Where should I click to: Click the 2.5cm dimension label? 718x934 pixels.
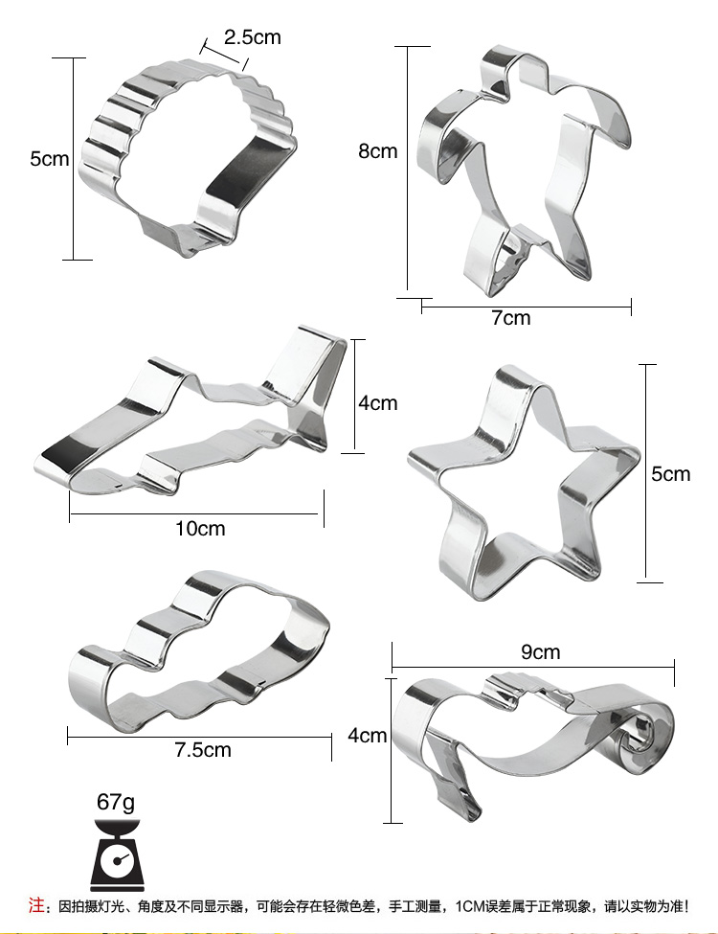click(x=252, y=37)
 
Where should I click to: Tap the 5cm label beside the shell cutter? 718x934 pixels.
click(x=50, y=159)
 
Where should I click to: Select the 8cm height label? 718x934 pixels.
click(x=377, y=151)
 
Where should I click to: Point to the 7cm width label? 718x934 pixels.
click(x=511, y=318)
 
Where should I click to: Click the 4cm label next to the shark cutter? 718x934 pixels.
click(x=377, y=403)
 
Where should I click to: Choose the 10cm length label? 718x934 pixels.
click(x=200, y=529)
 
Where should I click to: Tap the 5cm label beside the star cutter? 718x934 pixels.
click(x=670, y=474)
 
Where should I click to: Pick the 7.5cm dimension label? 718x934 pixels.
click(x=202, y=749)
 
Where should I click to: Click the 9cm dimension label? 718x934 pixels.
click(x=541, y=651)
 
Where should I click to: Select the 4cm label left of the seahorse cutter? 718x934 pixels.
click(x=368, y=736)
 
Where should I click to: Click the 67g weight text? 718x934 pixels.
click(x=116, y=803)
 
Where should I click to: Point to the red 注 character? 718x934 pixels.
click(x=35, y=905)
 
